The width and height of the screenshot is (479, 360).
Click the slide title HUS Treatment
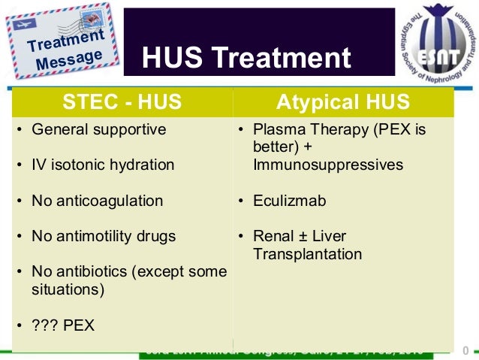click(x=246, y=59)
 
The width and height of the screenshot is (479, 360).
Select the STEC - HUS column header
click(x=122, y=101)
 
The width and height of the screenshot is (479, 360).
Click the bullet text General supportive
click(x=98, y=129)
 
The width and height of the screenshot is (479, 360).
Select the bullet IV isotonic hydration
click(x=103, y=165)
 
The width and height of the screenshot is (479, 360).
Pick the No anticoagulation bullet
click(x=97, y=201)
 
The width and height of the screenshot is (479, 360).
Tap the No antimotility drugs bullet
click(x=104, y=236)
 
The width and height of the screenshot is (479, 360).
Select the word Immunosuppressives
click(x=328, y=165)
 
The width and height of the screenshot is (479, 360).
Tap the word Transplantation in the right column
click(x=308, y=254)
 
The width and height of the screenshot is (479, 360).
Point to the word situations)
click(x=68, y=289)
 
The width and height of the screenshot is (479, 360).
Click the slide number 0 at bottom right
click(x=466, y=350)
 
